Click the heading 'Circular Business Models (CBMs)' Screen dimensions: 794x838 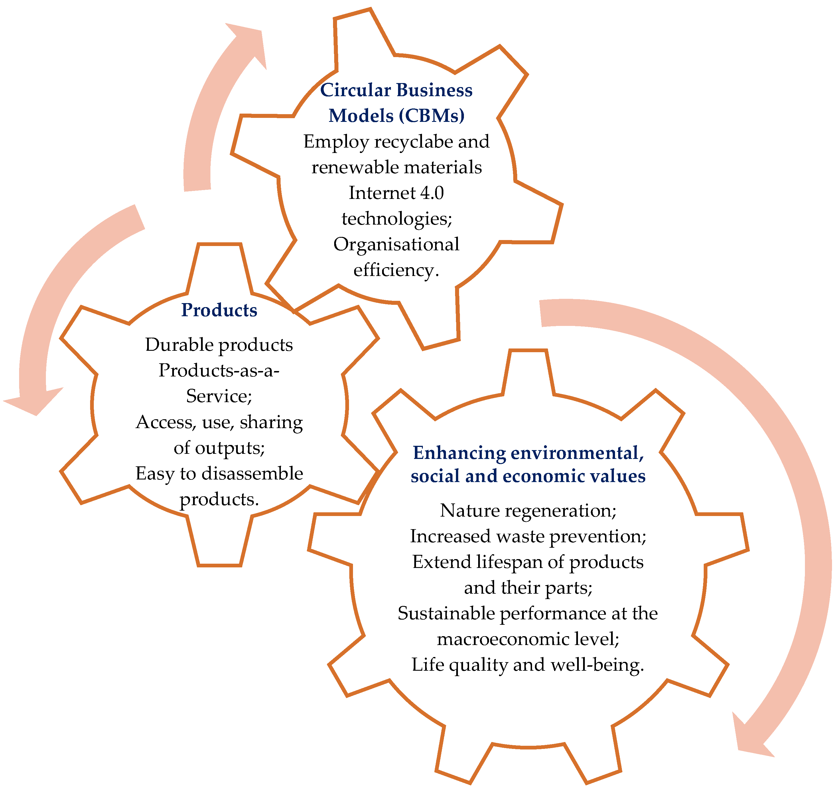(396, 103)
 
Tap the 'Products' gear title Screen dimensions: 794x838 (219, 310)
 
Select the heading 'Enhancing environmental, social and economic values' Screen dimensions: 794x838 (528, 464)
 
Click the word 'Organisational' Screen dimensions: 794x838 (396, 244)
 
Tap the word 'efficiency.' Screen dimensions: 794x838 (396, 270)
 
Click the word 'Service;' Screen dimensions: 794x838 (219, 396)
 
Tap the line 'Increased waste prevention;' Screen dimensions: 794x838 (528, 536)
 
